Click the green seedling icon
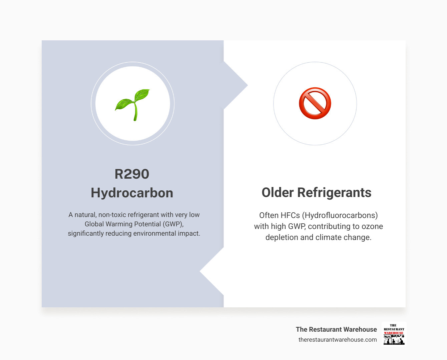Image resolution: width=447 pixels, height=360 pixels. pos(133,104)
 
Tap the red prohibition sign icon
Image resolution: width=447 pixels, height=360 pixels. pos(315,103)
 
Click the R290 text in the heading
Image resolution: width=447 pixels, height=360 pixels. pos(132,174)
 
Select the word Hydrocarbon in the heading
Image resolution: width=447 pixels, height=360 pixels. pos(132,193)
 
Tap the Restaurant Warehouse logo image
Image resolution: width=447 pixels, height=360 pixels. pos(394,334)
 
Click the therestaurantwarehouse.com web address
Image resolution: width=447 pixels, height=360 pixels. pos(337,340)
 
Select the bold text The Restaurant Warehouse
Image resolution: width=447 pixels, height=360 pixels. pos(336,329)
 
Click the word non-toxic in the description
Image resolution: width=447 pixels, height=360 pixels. pos(112,215)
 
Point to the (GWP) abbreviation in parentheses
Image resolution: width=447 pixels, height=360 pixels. pos(173,224)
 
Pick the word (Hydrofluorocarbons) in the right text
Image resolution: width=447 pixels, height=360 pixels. pos(340,215)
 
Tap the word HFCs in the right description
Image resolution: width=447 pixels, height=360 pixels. pos(290,215)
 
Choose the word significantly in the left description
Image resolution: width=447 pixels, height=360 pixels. pos(86,233)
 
